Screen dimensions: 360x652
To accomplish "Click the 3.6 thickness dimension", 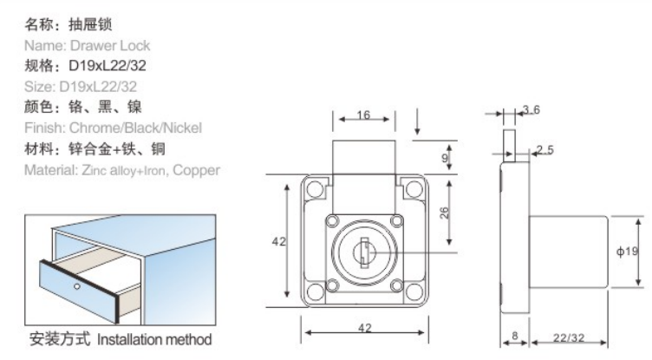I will coord(531,110).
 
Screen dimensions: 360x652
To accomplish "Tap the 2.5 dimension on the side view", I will coord(544,150).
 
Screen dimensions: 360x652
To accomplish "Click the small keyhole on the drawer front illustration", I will coord(77,285).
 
